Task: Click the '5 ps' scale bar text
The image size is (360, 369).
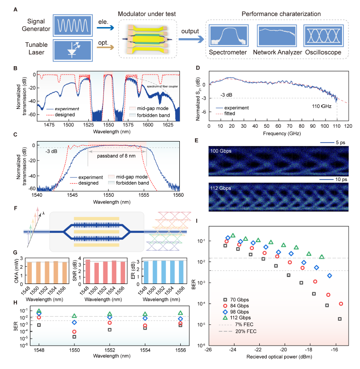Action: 334,141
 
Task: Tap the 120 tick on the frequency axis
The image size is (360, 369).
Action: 348,125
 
